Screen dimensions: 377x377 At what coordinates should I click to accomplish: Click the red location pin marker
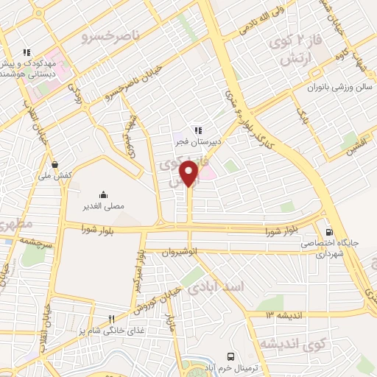190,174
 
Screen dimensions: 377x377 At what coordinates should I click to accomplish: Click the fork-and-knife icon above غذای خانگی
111,320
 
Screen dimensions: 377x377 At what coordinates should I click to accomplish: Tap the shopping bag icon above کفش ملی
54,164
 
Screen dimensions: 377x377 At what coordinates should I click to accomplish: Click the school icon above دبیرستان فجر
197,130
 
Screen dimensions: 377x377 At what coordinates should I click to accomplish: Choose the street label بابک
303,116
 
